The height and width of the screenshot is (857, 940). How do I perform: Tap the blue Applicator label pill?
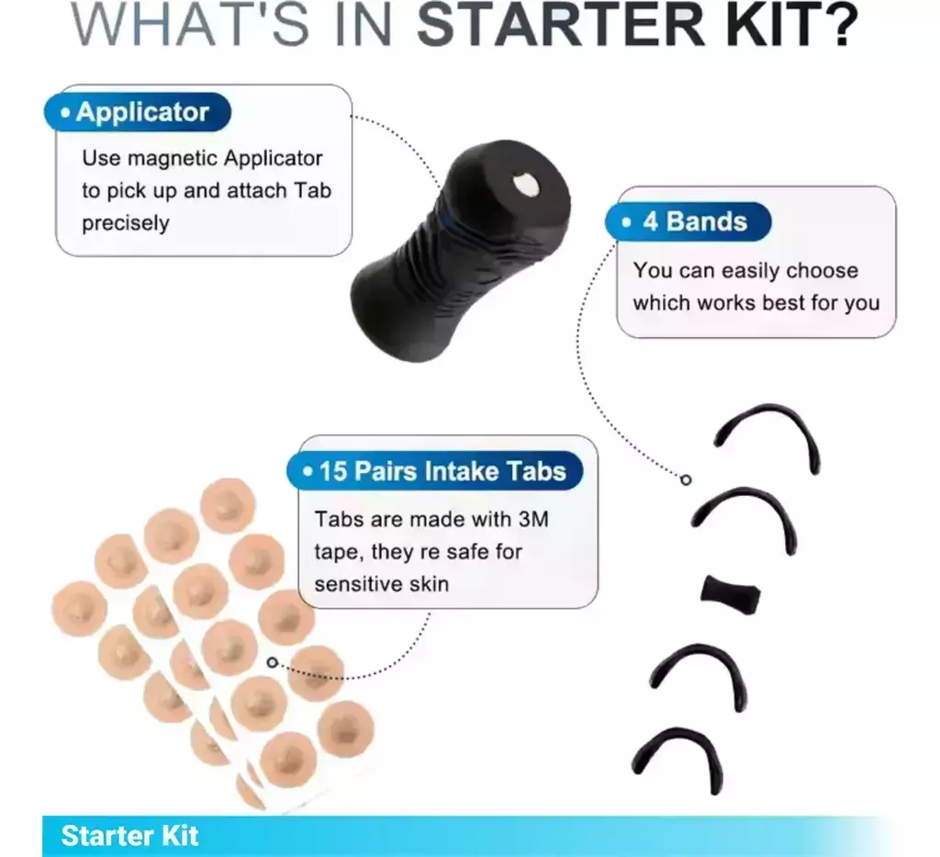tap(138, 112)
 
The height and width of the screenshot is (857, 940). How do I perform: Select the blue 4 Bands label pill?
tap(688, 222)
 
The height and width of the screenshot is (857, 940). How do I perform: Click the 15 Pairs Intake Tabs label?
tap(434, 471)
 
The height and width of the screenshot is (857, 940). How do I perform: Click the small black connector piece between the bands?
tap(730, 595)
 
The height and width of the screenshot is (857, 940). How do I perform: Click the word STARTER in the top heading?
tap(561, 24)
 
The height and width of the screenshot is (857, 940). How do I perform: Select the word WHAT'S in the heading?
tap(189, 24)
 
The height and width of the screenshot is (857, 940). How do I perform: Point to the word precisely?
tap(126, 223)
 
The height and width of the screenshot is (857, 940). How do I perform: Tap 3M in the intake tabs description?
tap(533, 519)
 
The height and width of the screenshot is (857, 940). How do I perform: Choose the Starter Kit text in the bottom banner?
tap(129, 836)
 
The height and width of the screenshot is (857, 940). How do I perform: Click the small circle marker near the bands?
tap(686, 479)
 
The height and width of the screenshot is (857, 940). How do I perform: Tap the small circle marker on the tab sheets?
tap(272, 662)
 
